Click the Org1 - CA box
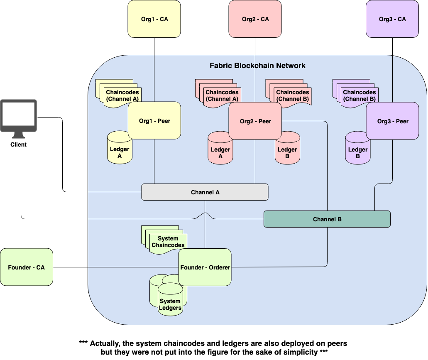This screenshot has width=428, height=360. pyautogui.click(x=154, y=19)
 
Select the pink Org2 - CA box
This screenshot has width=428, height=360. pyautogui.click(x=255, y=19)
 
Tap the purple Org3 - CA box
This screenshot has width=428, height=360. pyautogui.click(x=392, y=19)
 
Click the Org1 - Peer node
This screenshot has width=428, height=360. pyautogui.click(x=154, y=121)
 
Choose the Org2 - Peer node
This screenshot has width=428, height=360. pyautogui.click(x=255, y=121)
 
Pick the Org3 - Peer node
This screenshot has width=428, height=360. pyautogui.click(x=392, y=121)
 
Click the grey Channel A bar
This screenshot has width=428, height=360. pyautogui.click(x=205, y=192)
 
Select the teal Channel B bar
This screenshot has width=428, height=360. pyautogui.click(x=327, y=219)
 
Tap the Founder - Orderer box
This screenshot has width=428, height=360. pyautogui.click(x=205, y=267)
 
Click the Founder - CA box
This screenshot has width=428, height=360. pyautogui.click(x=27, y=267)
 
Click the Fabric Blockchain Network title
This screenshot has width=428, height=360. pyautogui.click(x=257, y=66)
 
